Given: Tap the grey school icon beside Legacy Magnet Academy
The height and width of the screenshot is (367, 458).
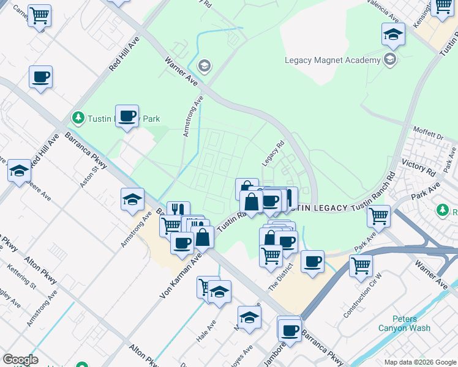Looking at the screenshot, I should [389, 59].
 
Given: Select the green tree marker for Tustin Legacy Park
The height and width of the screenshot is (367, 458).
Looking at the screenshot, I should [78, 116].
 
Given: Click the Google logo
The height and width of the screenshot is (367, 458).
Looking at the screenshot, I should [20, 360].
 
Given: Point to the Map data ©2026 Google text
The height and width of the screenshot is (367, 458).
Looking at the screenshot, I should [420, 362].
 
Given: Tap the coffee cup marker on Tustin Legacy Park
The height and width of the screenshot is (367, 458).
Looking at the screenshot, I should [127, 116].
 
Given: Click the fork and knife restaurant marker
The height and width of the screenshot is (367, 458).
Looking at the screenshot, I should [178, 211].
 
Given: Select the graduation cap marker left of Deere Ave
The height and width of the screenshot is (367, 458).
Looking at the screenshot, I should [19, 171].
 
